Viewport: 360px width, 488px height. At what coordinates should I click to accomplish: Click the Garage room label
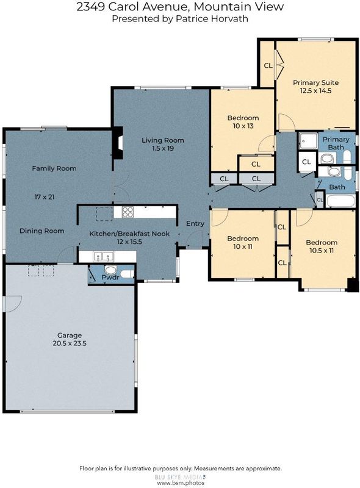click(x=70, y=335)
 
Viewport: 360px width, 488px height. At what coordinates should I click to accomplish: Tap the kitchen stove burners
click(x=128, y=212)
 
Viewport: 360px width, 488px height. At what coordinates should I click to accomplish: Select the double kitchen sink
click(x=103, y=257)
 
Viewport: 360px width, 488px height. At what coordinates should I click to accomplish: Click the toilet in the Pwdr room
click(x=127, y=274)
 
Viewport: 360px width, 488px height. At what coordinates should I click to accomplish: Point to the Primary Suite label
click(x=316, y=82)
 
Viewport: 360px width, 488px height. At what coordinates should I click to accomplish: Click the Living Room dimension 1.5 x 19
click(x=162, y=148)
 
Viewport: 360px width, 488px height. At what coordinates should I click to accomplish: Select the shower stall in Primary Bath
click(x=308, y=142)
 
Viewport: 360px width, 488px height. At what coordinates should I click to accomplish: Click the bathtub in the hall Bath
click(x=340, y=201)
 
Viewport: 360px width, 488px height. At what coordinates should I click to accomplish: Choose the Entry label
click(x=195, y=223)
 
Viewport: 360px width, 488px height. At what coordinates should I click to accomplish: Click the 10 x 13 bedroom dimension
click(x=243, y=126)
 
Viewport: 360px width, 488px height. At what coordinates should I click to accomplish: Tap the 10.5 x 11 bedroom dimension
click(x=322, y=251)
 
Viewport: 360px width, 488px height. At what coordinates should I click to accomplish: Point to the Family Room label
click(x=54, y=169)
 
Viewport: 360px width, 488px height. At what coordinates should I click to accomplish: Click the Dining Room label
click(x=41, y=231)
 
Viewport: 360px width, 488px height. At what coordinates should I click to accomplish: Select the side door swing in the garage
click(x=12, y=303)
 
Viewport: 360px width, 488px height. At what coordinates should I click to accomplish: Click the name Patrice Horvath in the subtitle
click(x=212, y=19)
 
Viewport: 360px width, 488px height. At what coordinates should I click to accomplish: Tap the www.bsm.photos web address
click(x=181, y=483)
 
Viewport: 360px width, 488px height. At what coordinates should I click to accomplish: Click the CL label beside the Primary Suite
click(x=268, y=66)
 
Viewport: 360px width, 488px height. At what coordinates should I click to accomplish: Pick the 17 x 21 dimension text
click(x=44, y=196)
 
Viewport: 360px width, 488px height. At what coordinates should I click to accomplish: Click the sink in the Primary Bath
click(x=326, y=159)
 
